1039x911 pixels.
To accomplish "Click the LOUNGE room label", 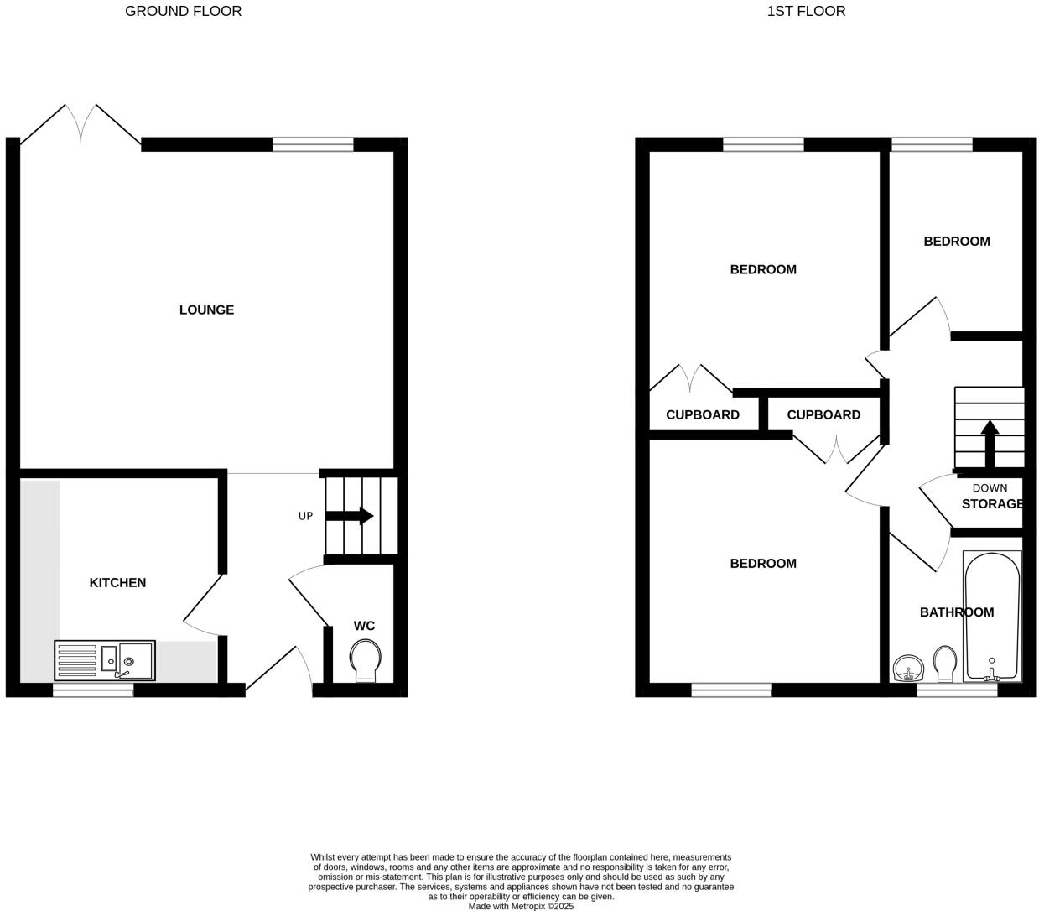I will point(206,310).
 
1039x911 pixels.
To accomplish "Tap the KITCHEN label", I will point(117,583).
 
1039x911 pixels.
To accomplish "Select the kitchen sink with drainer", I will point(105,660).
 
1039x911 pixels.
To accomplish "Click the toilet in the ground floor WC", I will point(365,661).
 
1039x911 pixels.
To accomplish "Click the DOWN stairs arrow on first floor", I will point(990,443).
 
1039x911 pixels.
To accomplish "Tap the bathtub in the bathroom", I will point(992,616).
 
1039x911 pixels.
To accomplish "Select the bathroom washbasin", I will point(907,669).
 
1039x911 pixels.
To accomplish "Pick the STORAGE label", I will point(992,504).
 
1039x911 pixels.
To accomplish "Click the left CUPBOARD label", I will point(703,415).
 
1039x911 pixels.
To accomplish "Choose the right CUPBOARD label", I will point(823,415).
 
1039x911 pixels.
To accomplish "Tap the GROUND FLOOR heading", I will point(183,12).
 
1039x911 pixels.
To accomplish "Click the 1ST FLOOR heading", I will point(806,12).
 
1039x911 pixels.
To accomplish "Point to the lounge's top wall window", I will point(313,144).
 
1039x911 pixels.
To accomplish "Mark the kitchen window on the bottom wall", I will point(93,690).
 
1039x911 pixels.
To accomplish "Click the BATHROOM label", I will point(957,612).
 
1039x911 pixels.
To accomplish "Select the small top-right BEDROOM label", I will point(957,242).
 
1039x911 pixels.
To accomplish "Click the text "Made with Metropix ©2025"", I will point(521,906).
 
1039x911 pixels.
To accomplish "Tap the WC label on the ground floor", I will point(364,627).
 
